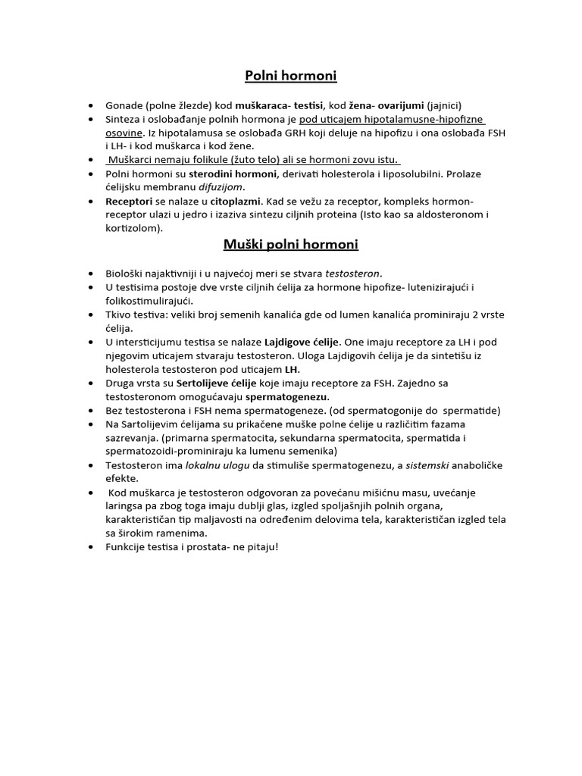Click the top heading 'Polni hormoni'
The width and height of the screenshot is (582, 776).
(x=290, y=76)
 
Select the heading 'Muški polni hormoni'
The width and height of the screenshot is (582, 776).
(x=290, y=244)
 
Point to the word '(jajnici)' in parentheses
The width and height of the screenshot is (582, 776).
(x=444, y=105)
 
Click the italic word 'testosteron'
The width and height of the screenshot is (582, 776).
(x=354, y=273)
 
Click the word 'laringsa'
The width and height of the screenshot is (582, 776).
(x=128, y=507)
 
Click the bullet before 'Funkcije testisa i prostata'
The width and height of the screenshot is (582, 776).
(x=91, y=548)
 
